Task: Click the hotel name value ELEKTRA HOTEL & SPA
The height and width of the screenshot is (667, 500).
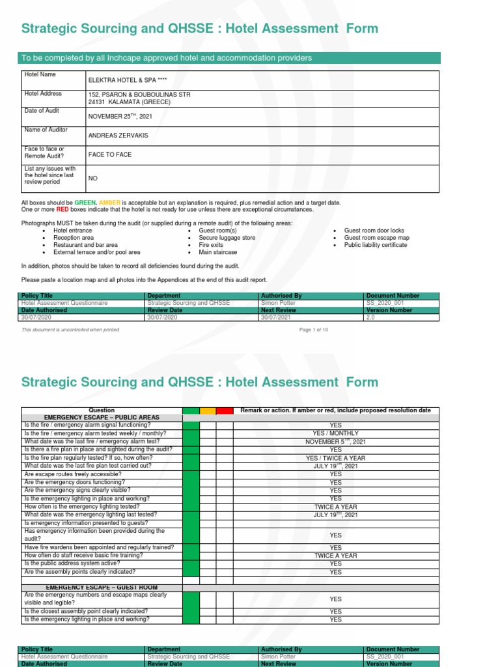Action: click(x=126, y=80)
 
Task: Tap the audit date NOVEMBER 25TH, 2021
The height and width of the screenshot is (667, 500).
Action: click(x=120, y=117)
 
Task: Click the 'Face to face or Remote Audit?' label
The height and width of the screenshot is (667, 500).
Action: click(x=44, y=153)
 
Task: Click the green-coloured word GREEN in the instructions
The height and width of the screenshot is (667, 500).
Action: click(x=85, y=203)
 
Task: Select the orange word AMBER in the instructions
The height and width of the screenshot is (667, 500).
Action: click(x=109, y=203)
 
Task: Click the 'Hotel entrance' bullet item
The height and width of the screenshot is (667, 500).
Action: click(x=72, y=231)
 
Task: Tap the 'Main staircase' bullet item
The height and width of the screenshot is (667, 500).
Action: click(x=218, y=252)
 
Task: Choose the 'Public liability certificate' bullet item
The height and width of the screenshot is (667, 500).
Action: click(x=376, y=245)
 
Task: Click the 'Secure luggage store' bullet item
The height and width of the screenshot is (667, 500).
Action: click(x=227, y=238)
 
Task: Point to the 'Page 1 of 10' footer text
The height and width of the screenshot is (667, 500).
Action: click(x=314, y=330)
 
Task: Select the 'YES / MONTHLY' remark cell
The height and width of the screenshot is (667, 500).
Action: click(x=335, y=433)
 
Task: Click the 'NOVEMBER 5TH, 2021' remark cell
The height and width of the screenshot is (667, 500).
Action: click(x=335, y=442)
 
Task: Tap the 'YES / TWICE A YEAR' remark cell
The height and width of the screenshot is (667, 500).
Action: click(x=335, y=458)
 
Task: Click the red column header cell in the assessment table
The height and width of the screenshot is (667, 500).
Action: click(x=225, y=410)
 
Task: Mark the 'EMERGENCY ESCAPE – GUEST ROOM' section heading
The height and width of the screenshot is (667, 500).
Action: click(x=102, y=588)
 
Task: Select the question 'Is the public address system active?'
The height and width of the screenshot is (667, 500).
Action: click(x=71, y=563)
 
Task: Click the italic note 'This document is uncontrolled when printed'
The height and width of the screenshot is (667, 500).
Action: click(x=70, y=330)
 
